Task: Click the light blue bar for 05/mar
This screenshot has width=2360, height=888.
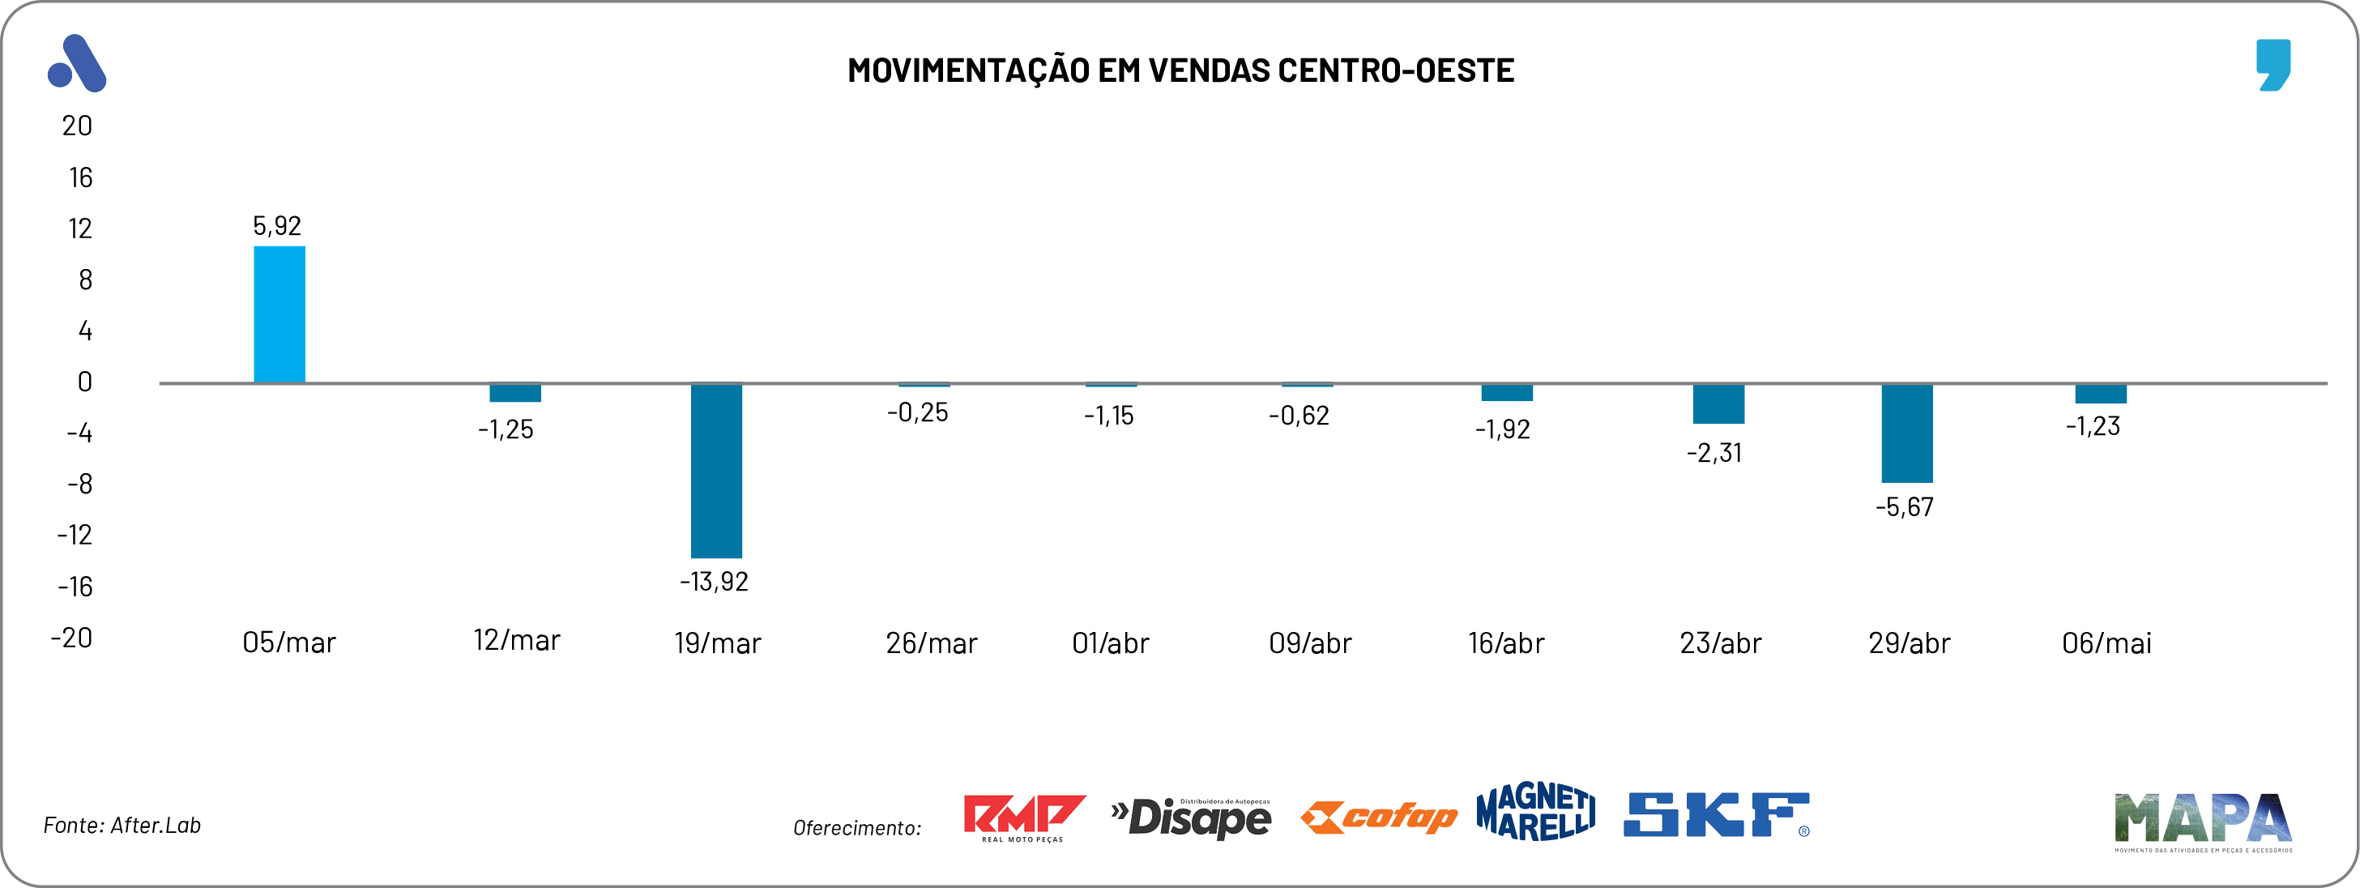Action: click(x=280, y=314)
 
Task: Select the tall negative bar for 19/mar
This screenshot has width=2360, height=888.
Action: click(x=716, y=470)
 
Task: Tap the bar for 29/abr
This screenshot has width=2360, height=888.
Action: click(x=1906, y=433)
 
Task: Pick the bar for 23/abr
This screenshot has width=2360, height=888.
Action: click(x=1718, y=403)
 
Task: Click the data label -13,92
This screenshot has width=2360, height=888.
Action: click(x=714, y=582)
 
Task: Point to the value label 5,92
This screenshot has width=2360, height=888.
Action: click(x=277, y=225)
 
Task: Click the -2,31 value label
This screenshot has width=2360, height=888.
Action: click(x=1714, y=453)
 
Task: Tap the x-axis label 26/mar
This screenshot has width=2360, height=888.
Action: click(x=931, y=643)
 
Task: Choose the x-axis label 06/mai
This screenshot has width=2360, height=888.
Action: click(x=2106, y=643)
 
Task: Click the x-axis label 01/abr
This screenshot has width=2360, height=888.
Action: click(x=1111, y=643)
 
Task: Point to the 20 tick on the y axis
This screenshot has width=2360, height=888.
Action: click(x=77, y=126)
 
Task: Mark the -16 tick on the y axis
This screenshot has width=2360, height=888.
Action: click(x=75, y=587)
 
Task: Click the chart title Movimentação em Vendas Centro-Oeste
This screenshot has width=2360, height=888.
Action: click(x=1180, y=70)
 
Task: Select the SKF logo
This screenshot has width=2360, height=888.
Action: click(x=1716, y=815)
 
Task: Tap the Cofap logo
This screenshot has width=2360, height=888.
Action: click(x=1379, y=817)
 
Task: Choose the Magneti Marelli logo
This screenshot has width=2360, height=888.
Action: click(x=1535, y=812)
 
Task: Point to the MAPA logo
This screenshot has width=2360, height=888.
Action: click(x=2202, y=819)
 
